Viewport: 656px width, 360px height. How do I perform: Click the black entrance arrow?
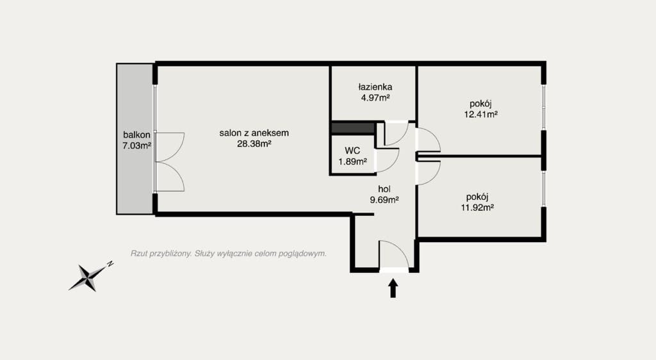tap(393, 288)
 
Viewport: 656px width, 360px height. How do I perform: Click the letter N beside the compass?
tap(110, 265)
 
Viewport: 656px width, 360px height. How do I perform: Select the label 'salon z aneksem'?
tap(254, 133)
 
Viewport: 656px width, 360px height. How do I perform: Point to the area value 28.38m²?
tap(254, 144)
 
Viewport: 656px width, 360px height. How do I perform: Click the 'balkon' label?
tap(136, 135)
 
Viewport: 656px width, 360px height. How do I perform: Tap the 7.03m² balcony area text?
tap(136, 146)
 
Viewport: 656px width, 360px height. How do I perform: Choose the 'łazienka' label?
tap(375, 87)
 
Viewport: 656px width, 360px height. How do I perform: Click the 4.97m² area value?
tap(375, 98)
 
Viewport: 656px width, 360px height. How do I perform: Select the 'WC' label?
tap(352, 151)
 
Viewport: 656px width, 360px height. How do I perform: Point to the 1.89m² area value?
tap(353, 161)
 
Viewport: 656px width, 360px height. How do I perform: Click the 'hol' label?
tap(384, 189)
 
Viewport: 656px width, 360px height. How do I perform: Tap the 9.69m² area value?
tap(384, 200)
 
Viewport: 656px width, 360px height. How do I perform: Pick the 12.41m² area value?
tap(480, 114)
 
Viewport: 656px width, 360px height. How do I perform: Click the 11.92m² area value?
tap(477, 208)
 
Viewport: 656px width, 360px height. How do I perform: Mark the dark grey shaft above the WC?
tap(353, 128)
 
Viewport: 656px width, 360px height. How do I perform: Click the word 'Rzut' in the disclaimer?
tap(139, 254)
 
